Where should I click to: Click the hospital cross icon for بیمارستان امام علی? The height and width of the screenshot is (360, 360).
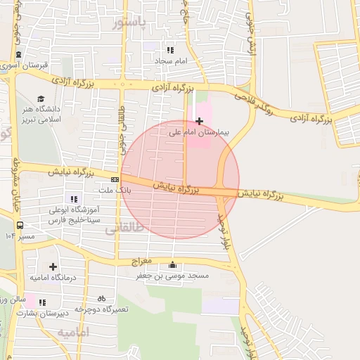[199, 121]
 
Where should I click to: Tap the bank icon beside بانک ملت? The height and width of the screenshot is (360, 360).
[115, 180]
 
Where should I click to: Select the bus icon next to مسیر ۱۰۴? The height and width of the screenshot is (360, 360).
[20, 226]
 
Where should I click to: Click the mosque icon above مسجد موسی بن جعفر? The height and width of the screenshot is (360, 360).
[173, 265]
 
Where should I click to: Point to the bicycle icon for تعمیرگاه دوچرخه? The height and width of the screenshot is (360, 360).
[102, 298]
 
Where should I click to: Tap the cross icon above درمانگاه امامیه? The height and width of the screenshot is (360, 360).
[53, 266]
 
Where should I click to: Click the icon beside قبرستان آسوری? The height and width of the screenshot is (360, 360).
[18, 56]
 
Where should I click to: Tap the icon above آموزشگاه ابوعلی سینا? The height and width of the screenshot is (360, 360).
[75, 200]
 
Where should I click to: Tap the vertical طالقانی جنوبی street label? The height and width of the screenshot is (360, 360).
[124, 123]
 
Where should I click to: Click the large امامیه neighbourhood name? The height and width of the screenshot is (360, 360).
[73, 331]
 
